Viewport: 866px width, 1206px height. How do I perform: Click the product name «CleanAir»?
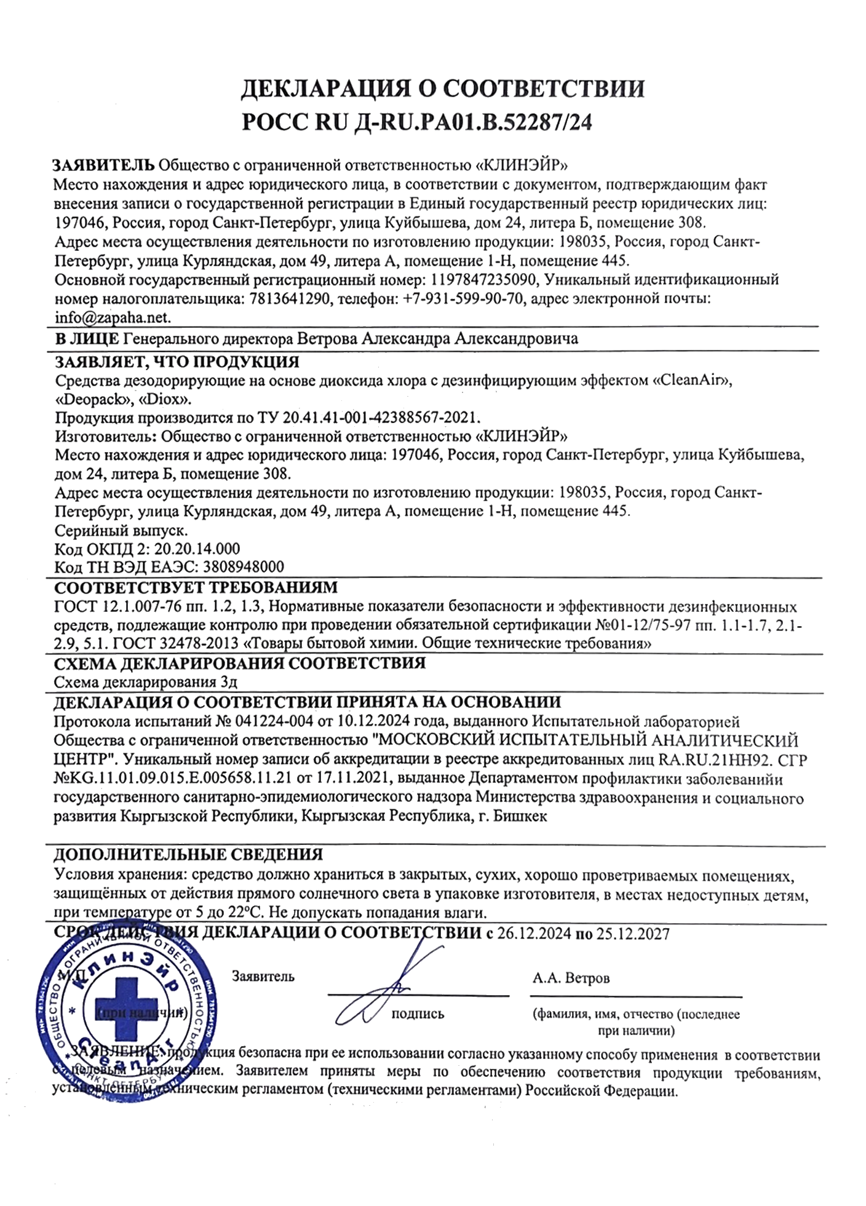click(x=693, y=381)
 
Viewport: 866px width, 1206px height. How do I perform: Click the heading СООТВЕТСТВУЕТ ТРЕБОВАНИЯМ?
click(x=196, y=587)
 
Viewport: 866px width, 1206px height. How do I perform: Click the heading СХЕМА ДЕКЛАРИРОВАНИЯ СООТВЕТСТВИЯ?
click(x=240, y=664)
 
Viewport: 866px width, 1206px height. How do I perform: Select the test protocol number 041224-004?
click(x=271, y=722)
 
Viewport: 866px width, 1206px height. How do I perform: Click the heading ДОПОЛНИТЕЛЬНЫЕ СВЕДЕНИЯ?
click(x=188, y=855)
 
